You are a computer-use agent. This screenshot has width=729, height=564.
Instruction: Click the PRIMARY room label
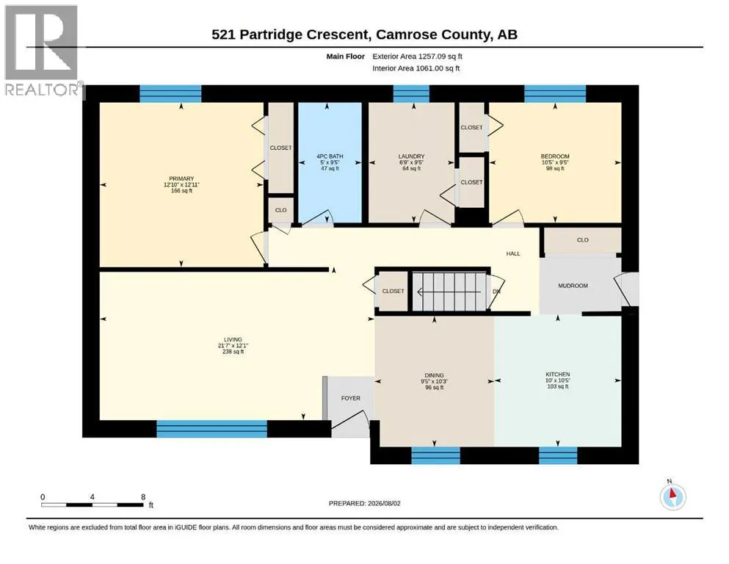tap(181, 178)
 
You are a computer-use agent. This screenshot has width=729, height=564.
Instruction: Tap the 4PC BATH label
tap(330, 156)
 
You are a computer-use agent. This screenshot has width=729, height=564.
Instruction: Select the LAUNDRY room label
tap(411, 156)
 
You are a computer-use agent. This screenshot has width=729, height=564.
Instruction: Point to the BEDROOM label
tap(555, 156)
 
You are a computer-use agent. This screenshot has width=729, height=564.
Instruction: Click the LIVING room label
tap(233, 340)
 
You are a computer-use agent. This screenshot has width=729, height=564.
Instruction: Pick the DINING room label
tap(434, 375)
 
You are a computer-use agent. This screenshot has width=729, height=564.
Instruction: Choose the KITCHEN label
tap(558, 375)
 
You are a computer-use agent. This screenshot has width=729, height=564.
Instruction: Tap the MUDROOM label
tap(573, 286)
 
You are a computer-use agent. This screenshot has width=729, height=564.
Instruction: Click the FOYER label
tap(351, 398)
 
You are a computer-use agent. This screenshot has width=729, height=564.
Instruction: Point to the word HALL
tap(513, 253)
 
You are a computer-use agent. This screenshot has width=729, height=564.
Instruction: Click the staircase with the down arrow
tap(449, 292)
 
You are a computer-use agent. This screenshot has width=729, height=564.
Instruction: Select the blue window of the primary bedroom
tap(170, 93)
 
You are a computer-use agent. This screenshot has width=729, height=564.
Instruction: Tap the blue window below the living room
tap(212, 429)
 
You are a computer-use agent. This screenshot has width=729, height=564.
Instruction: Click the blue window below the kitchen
tap(558, 455)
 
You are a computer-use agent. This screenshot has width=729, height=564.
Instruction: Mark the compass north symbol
tap(672, 496)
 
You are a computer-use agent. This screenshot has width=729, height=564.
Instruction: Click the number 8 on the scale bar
tap(143, 496)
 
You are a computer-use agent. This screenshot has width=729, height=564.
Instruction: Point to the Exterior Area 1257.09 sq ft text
tap(417, 57)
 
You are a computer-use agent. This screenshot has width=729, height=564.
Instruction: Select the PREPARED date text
tap(364, 503)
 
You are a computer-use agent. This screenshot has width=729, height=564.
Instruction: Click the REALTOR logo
tap(43, 50)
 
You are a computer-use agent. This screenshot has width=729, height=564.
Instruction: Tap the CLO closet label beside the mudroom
tap(583, 240)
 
